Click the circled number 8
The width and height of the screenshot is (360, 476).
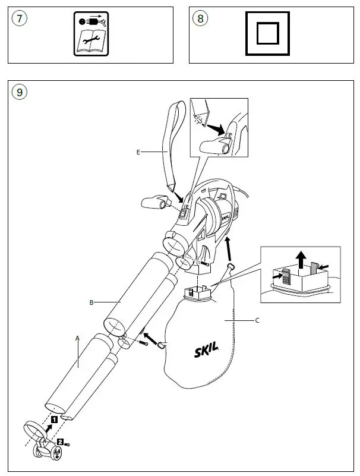201,18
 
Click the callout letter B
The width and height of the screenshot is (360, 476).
91,302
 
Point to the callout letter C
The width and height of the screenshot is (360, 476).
257,320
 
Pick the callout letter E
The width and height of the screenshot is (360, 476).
138,152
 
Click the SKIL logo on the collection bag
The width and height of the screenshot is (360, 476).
206,351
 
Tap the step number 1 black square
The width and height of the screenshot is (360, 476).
53,419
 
